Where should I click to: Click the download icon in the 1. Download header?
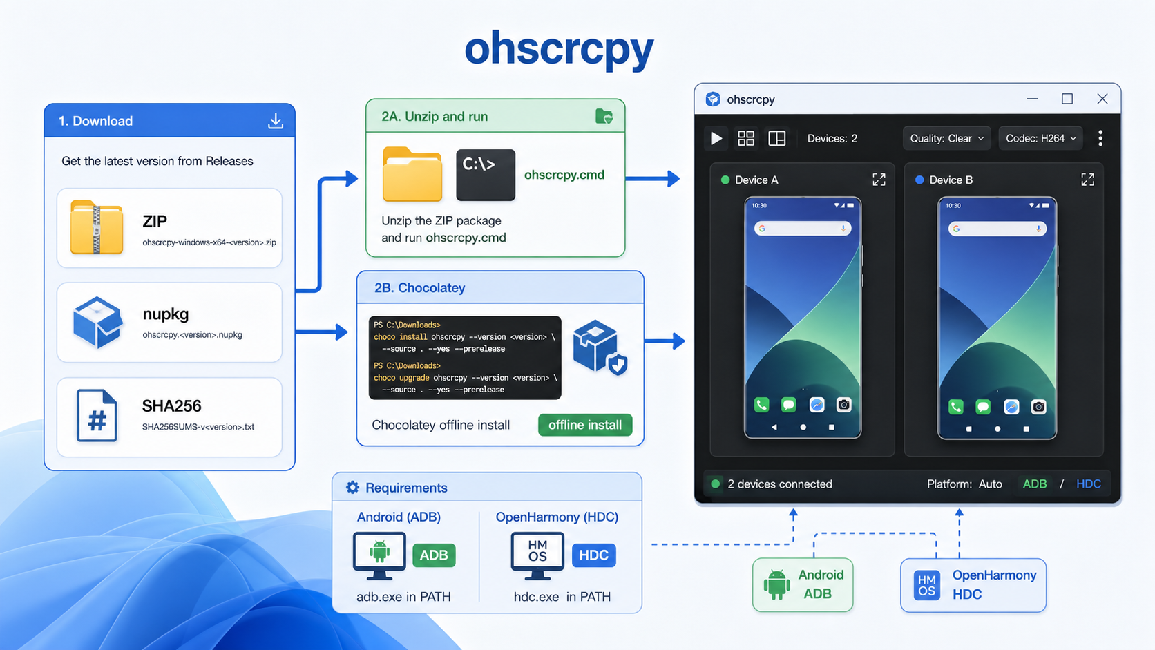pos(276,121)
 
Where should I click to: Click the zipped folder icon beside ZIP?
pos(97,227)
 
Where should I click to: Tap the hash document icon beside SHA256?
pos(97,415)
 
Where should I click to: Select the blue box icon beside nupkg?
pos(97,322)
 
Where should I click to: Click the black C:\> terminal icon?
pos(486,175)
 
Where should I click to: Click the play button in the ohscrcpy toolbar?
pos(716,138)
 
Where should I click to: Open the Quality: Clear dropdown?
pos(946,138)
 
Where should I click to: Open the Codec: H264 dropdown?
pos(1040,138)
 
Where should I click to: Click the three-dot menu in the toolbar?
pos(1100,138)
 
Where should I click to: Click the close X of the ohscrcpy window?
pos(1102,99)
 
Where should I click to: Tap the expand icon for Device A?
pos(879,180)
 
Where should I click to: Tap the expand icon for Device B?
pos(1088,180)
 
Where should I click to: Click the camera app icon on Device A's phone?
pos(844,405)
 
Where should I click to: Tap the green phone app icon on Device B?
pos(955,407)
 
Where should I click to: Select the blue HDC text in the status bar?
pos(1089,484)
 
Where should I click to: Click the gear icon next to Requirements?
pos(353,487)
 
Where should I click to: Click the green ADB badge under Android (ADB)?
pos(434,555)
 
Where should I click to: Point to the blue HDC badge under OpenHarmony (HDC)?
pos(594,555)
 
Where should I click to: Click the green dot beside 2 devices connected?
pos(715,484)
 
